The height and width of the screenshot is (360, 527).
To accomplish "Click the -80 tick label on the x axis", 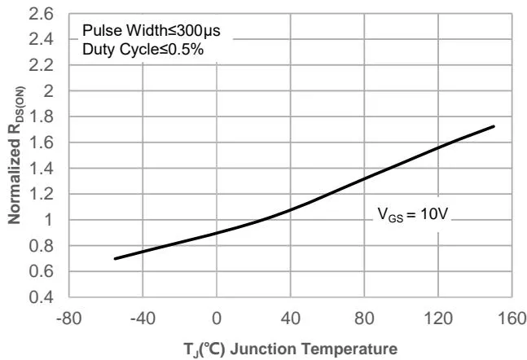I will tap(69, 317).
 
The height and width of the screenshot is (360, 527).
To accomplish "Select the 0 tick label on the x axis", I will tap(217, 317).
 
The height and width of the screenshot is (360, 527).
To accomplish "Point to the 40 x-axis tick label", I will tap(289, 317).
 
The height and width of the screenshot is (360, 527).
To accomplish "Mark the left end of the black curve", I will tap(115, 258).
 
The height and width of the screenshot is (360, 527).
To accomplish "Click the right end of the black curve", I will tap(494, 126).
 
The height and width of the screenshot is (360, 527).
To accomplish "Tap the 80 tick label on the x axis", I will tap(363, 317).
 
